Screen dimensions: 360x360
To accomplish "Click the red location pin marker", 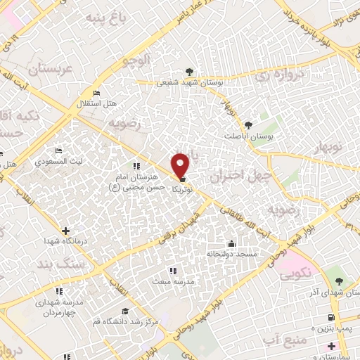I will (x=181, y=165).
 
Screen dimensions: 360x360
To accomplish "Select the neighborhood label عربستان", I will (x=51, y=69).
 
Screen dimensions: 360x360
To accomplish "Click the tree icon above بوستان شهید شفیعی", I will (x=189, y=72).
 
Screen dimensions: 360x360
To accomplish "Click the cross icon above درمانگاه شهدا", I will (x=65, y=230).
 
